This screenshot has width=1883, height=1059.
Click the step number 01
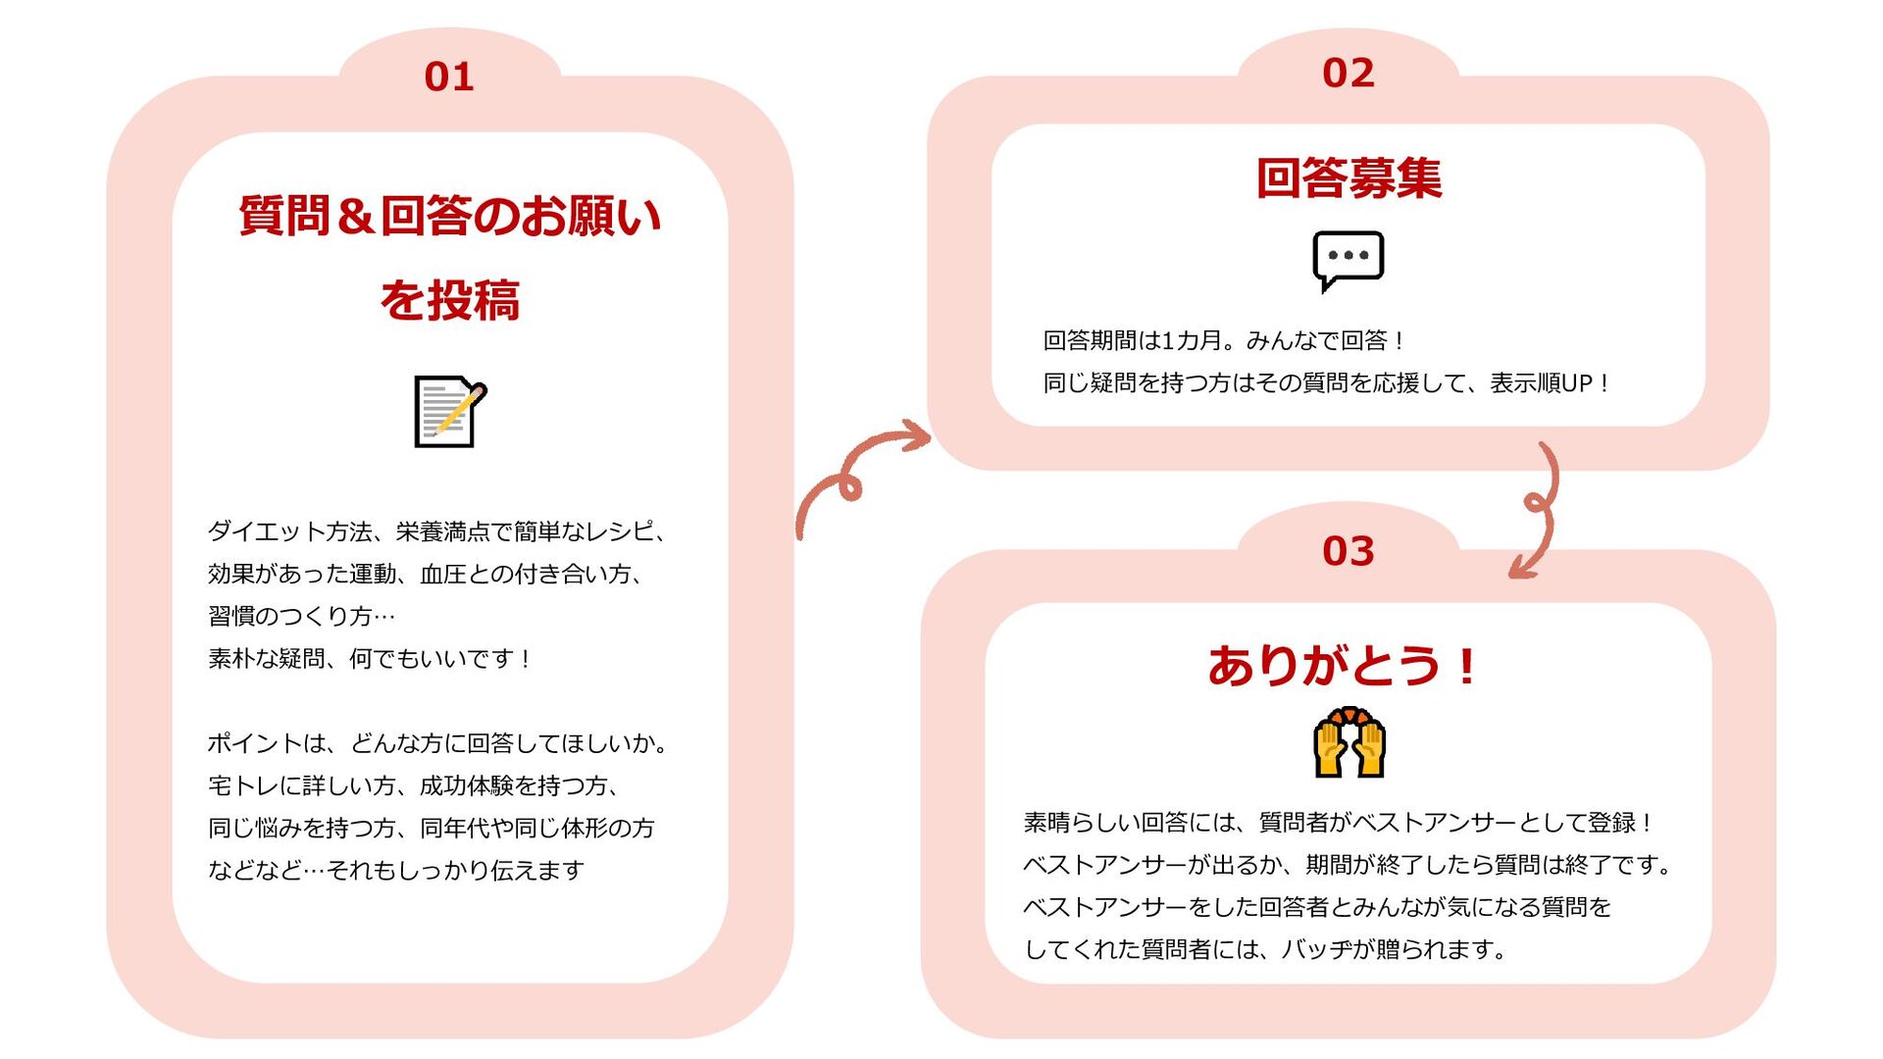pyautogui.click(x=449, y=76)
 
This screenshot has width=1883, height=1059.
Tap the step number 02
pyautogui.click(x=1348, y=73)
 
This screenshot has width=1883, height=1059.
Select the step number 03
pyautogui.click(x=1348, y=551)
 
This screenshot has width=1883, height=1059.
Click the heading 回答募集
pyautogui.click(x=1349, y=178)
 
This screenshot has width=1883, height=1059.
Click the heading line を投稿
pyautogui.click(x=450, y=300)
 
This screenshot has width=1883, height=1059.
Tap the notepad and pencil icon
pyautogui.click(x=450, y=411)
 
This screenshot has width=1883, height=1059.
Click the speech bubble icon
pyautogui.click(x=1348, y=260)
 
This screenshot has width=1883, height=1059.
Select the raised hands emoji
pyautogui.click(x=1349, y=743)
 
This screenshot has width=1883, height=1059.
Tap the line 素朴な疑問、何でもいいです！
pyautogui.click(x=371, y=658)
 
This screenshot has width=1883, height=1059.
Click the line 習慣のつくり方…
pyautogui.click(x=301, y=616)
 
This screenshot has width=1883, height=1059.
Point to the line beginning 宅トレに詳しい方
pyautogui.click(x=414, y=785)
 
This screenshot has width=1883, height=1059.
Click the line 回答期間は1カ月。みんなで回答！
pyautogui.click(x=1225, y=340)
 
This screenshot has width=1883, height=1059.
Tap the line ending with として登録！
pyautogui.click(x=1340, y=823)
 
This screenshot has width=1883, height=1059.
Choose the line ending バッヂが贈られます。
pyautogui.click(x=1265, y=949)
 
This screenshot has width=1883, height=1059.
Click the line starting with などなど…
pyautogui.click(x=396, y=870)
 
